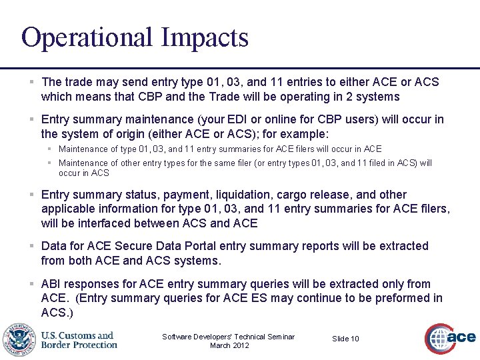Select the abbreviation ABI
pos(52,284)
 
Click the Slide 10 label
pos(345,339)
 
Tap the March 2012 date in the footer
pos(229,345)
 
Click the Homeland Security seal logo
pos(19,339)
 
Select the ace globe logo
pos(451,339)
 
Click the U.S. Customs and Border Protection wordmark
pos(79,340)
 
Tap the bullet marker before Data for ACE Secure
pos(32,246)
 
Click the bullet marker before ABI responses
pos(32,284)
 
